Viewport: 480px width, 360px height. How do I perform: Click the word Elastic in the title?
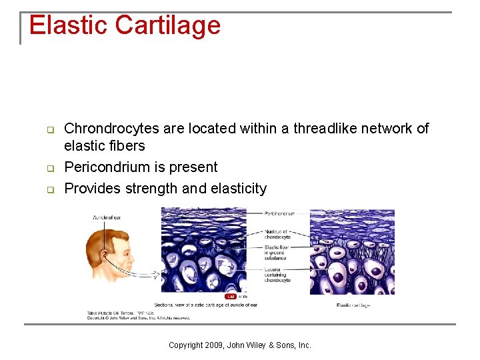coord(68,25)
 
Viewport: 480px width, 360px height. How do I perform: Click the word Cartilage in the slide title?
coord(167,25)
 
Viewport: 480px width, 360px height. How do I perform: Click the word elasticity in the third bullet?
coord(238,188)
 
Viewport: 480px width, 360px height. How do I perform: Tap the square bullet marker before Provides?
coord(49,189)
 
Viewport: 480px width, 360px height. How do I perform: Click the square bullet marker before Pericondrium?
coord(49,167)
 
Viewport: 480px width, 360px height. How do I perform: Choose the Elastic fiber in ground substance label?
coord(275,253)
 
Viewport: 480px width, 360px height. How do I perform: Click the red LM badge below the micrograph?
coord(231,296)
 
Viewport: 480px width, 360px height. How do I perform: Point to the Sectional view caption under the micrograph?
coord(206,305)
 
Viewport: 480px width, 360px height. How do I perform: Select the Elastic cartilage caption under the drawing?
coord(353,305)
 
